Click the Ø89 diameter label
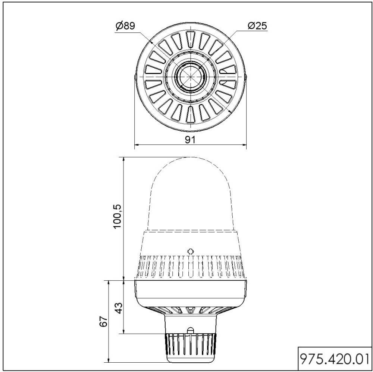tap(125, 26)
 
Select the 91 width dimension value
tap(191, 140)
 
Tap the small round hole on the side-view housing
tap(190, 251)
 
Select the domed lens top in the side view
tap(190, 186)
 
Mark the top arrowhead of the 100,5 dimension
tap(124, 159)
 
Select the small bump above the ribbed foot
tap(190, 330)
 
